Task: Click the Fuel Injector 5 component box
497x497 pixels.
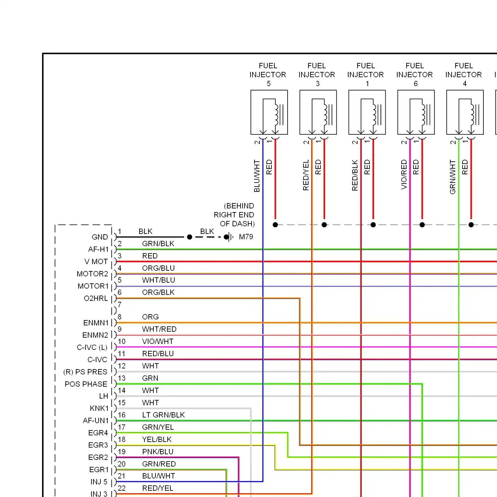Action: click(269, 112)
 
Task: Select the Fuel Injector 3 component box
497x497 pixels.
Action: click(318, 112)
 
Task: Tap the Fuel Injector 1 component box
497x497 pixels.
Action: click(367, 112)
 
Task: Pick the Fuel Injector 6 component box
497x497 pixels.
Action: click(416, 112)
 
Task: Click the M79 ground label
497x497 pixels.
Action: click(246, 237)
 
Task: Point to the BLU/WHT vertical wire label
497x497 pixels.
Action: click(257, 176)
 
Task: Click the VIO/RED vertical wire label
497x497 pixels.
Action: click(404, 174)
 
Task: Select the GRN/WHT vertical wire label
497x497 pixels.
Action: click(453, 177)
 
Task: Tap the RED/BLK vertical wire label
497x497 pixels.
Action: click(355, 175)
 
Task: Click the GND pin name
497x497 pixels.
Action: click(100, 237)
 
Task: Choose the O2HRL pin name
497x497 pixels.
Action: click(96, 298)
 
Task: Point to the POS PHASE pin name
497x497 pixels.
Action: click(86, 384)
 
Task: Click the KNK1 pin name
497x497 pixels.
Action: click(99, 408)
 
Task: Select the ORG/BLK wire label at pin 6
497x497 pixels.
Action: click(158, 292)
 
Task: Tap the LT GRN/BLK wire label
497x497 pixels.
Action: click(163, 415)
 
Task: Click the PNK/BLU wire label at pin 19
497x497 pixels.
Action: click(158, 452)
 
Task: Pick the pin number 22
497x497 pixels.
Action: click(122, 488)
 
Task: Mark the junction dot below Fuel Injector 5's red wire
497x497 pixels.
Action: click(275, 225)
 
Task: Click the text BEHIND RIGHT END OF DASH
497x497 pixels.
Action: click(234, 215)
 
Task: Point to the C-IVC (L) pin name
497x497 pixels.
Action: click(92, 347)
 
